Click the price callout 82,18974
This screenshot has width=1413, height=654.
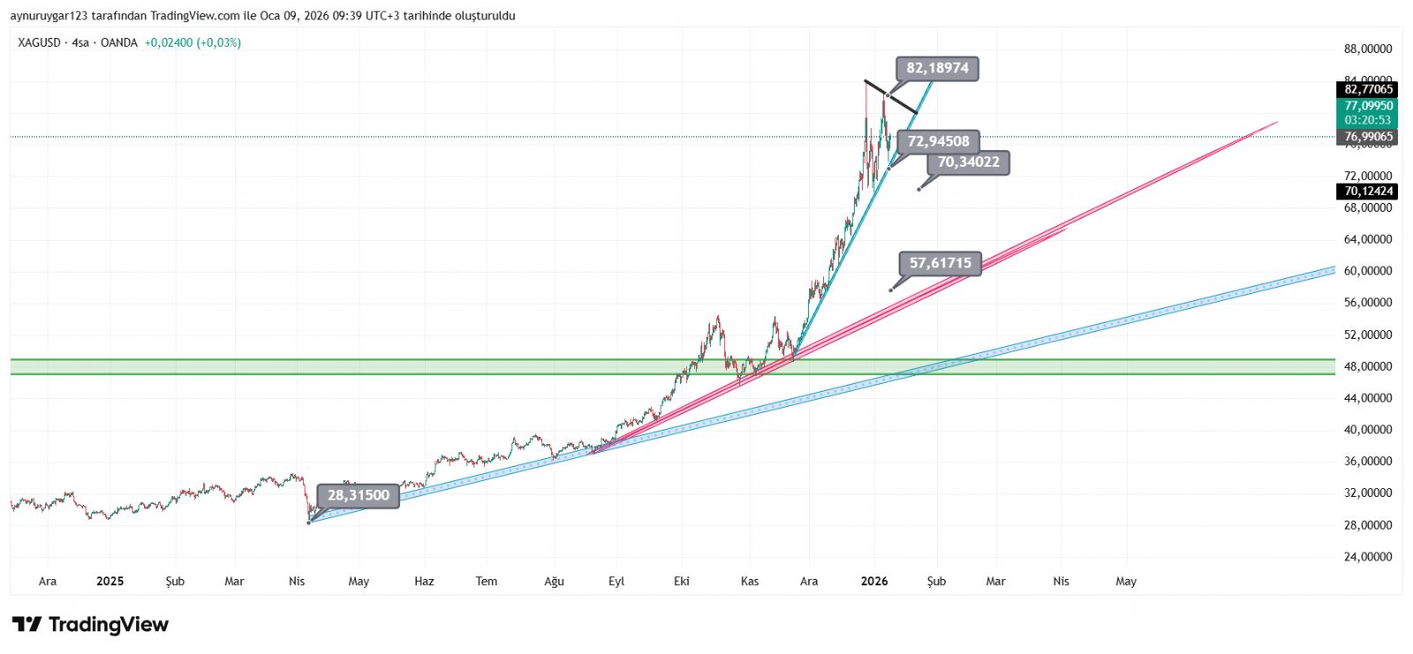pyautogui.click(x=937, y=68)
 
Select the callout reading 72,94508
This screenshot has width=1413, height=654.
pyautogui.click(x=938, y=141)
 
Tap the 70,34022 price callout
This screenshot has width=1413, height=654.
pyautogui.click(x=968, y=162)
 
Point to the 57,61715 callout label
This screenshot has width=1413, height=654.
pyautogui.click(x=940, y=263)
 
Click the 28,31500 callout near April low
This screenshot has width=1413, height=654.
pyautogui.click(x=358, y=495)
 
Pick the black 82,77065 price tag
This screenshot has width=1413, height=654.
pyautogui.click(x=1368, y=89)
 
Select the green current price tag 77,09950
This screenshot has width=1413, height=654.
pyautogui.click(x=1368, y=106)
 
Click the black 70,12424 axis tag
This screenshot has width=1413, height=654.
pyautogui.click(x=1368, y=192)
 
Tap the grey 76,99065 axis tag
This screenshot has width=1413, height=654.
pyautogui.click(x=1368, y=137)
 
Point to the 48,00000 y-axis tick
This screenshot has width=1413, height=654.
pyautogui.click(x=1368, y=366)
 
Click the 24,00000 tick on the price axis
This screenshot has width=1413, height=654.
pyautogui.click(x=1368, y=557)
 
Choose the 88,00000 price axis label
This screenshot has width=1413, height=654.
pyautogui.click(x=1368, y=49)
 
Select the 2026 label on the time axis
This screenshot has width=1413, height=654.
pyautogui.click(x=873, y=582)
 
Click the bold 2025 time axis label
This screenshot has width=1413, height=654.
pyautogui.click(x=110, y=582)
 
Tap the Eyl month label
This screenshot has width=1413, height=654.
pyautogui.click(x=616, y=582)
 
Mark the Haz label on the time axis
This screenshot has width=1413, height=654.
pyautogui.click(x=424, y=582)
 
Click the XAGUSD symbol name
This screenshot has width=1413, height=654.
pyautogui.click(x=39, y=42)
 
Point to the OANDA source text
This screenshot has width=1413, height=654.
pyautogui.click(x=119, y=42)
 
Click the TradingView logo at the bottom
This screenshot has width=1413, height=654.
pyautogui.click(x=90, y=625)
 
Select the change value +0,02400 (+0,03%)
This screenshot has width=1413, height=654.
pyautogui.click(x=193, y=42)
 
